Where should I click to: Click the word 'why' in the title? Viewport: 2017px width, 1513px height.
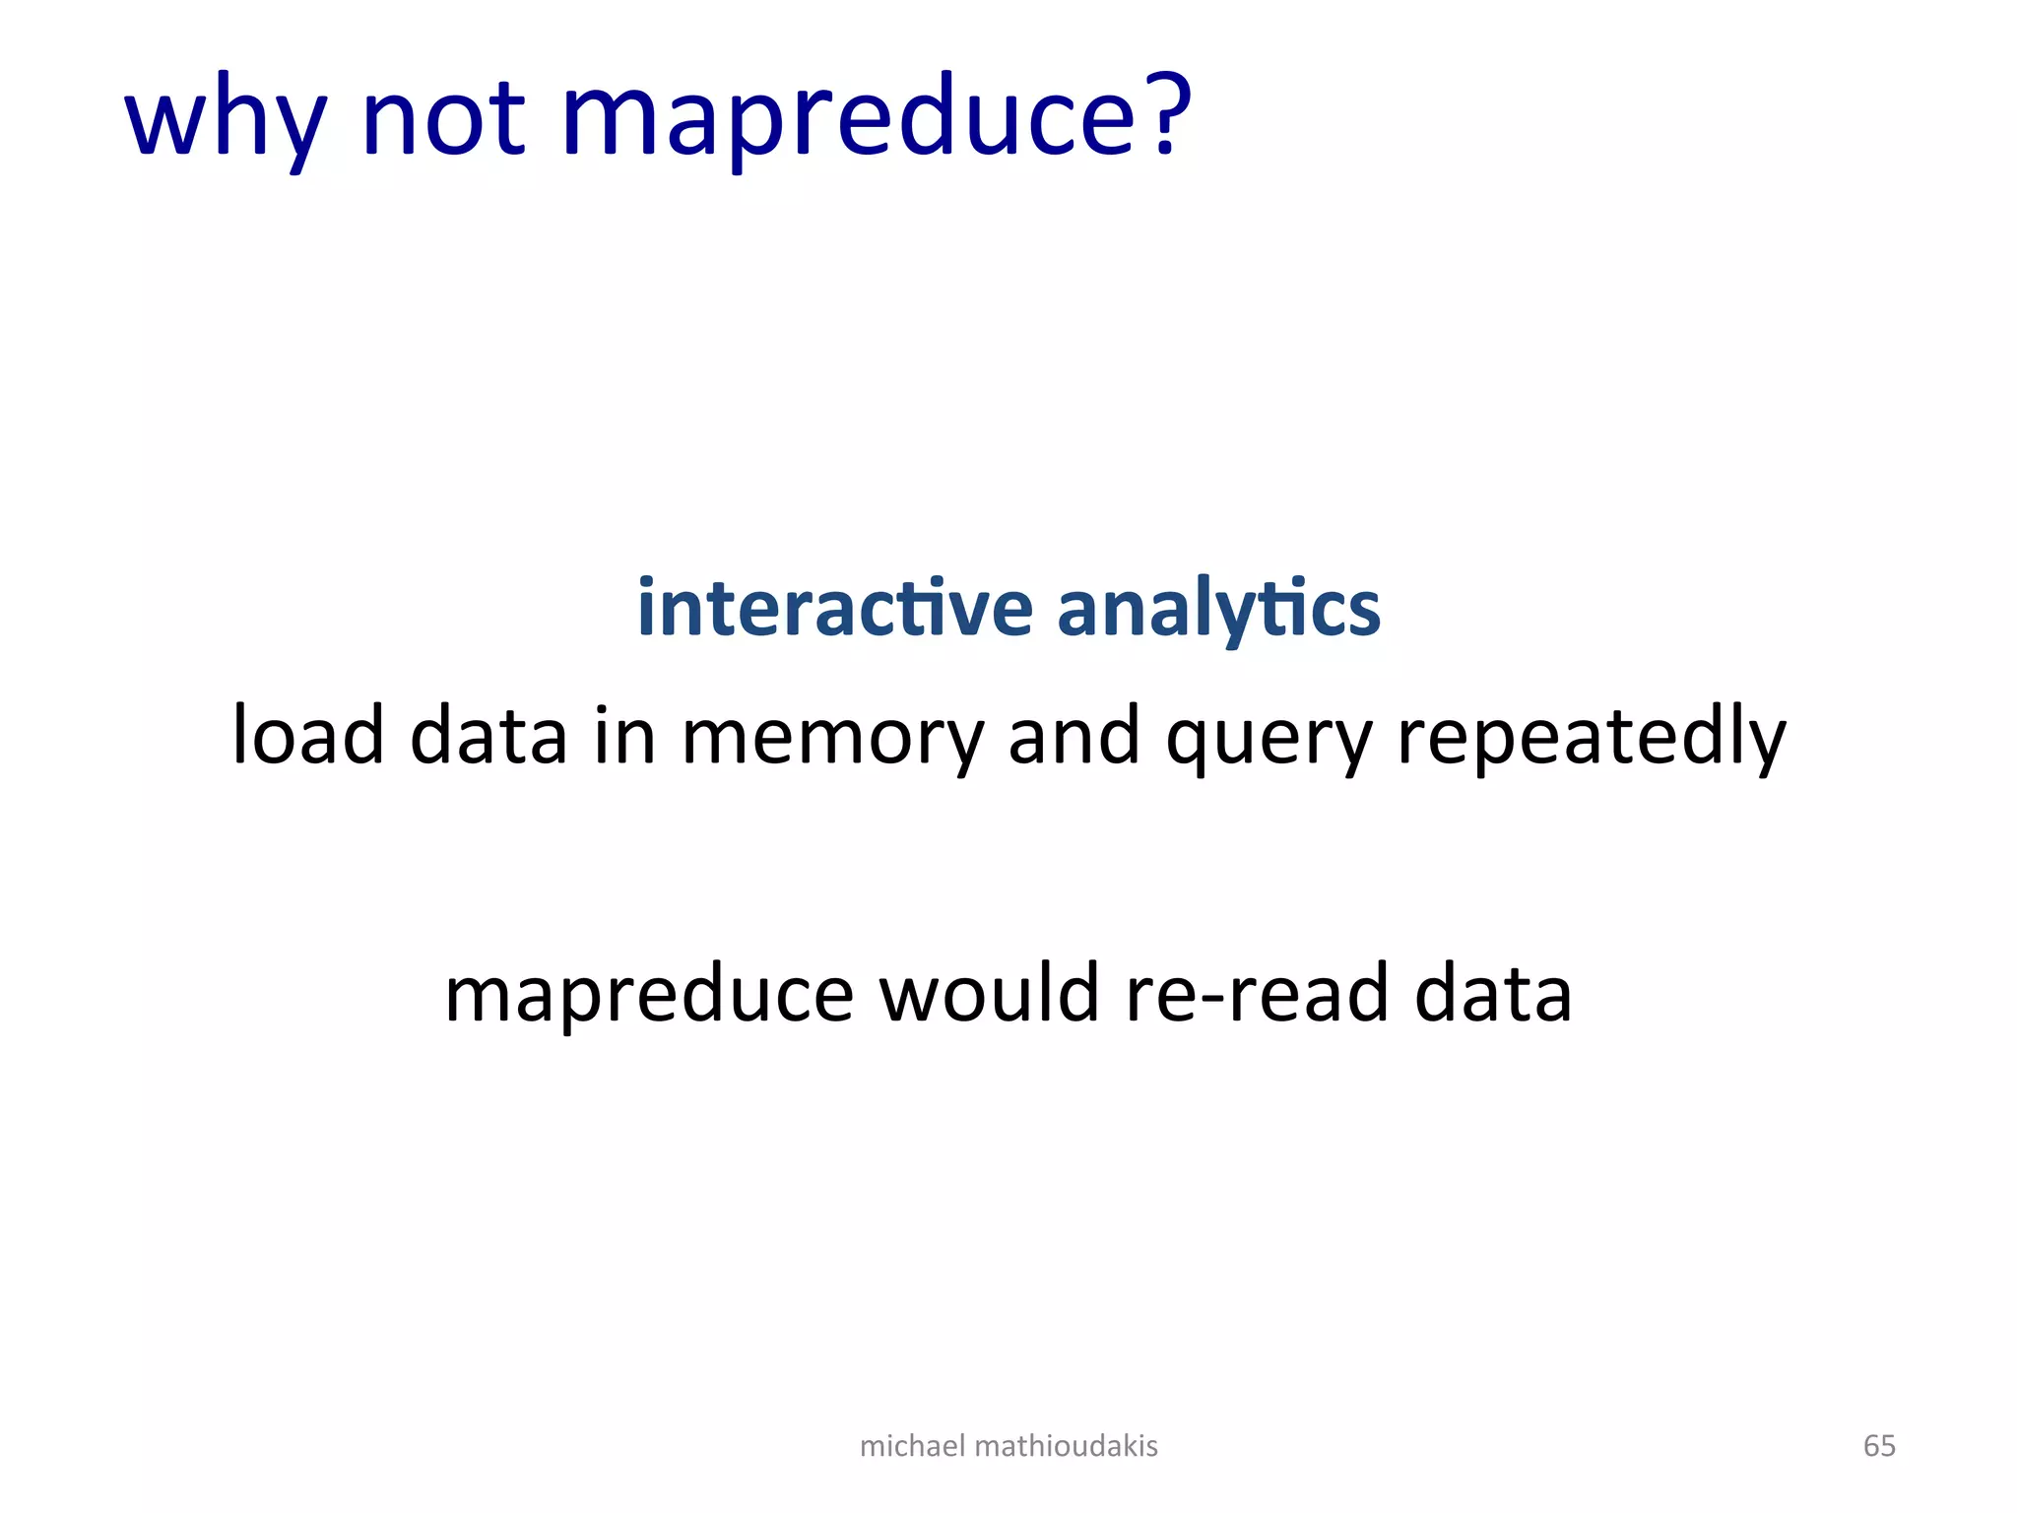click(x=226, y=119)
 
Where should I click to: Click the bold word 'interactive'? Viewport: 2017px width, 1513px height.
click(x=835, y=608)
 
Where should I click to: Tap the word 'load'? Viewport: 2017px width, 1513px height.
click(x=307, y=736)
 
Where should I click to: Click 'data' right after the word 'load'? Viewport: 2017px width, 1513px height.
click(x=488, y=736)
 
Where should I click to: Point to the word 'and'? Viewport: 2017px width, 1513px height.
click(x=1074, y=736)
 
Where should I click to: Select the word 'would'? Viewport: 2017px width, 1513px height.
click(x=989, y=992)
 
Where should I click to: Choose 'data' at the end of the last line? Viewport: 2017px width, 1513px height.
click(x=1493, y=993)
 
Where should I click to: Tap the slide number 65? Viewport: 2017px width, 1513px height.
click(x=1879, y=1446)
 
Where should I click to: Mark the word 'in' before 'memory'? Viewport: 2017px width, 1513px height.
click(x=624, y=736)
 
